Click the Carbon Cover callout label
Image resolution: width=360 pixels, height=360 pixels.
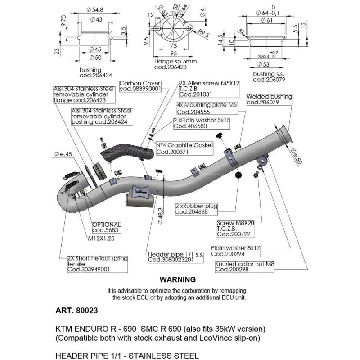140,86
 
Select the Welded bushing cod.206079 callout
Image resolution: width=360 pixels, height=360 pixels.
269,99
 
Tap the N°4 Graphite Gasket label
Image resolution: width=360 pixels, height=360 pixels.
178,149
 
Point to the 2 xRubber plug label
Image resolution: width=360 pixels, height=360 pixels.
196,209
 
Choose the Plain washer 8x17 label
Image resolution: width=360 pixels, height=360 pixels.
236,251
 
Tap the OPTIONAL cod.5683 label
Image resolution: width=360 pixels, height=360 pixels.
106,227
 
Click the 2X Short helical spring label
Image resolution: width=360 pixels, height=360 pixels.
97,264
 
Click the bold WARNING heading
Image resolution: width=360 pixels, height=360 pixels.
178,279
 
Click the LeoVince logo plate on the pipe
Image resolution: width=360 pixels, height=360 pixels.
141,191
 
